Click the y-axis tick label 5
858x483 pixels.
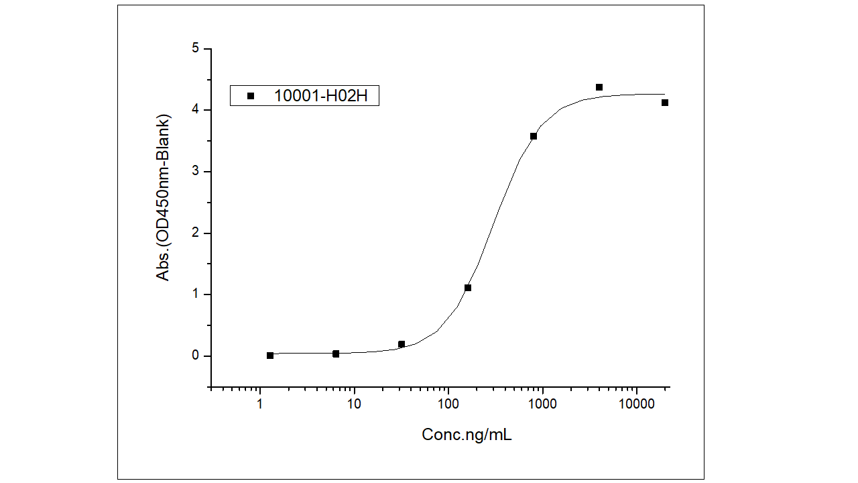[x=195, y=48]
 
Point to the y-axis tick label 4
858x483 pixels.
[x=195, y=110]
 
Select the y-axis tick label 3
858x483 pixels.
[x=195, y=172]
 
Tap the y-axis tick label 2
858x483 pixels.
[x=195, y=233]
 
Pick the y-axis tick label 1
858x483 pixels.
[x=195, y=294]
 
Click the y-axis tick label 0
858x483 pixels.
[x=195, y=356]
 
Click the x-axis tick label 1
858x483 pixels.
[x=260, y=404]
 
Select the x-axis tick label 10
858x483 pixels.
[x=354, y=404]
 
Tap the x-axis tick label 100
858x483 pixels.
[x=448, y=404]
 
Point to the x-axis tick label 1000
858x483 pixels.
[x=542, y=404]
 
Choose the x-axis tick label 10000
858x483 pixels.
[x=636, y=404]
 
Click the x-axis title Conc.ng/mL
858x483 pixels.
[x=467, y=435]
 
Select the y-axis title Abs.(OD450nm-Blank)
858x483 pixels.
[x=164, y=197]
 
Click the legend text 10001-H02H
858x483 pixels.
[x=320, y=96]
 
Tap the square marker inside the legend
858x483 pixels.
[x=251, y=96]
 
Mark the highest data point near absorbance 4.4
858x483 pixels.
[x=599, y=87]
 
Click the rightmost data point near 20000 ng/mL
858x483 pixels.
[x=665, y=103]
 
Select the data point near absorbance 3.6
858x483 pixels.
[x=534, y=136]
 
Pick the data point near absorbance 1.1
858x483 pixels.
[x=468, y=288]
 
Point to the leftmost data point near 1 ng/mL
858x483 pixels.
[x=270, y=356]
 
